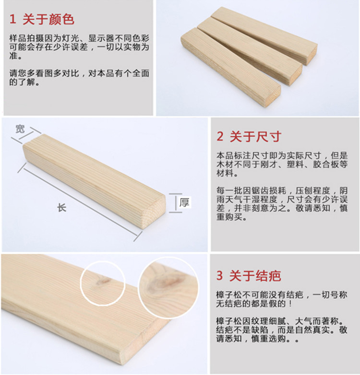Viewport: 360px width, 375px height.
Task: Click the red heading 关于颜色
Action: click(48, 19)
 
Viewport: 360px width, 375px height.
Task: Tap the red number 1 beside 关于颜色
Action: click(12, 19)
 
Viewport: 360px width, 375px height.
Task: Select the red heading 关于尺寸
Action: click(255, 137)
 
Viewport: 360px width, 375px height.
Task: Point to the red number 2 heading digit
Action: click(220, 137)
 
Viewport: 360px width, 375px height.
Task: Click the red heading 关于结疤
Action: click(255, 276)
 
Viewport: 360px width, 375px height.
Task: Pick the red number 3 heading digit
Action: click(220, 276)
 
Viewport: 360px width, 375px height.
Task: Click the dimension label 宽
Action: click(20, 129)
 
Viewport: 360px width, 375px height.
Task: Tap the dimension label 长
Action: click(62, 208)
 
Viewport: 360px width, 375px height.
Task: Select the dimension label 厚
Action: click(184, 202)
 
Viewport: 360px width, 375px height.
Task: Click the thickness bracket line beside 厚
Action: click(176, 203)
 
